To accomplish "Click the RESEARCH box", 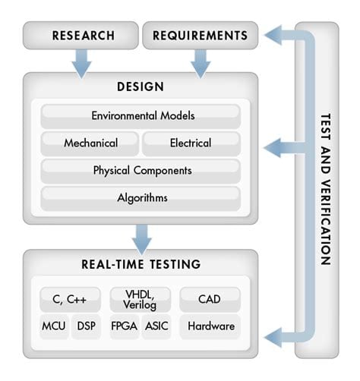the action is pyautogui.click(x=81, y=35).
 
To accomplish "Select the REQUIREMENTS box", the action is pyautogui.click(x=201, y=35).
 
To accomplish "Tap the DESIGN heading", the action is pyautogui.click(x=141, y=87).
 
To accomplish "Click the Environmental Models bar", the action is pyautogui.click(x=141, y=116).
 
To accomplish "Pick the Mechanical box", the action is pyautogui.click(x=90, y=143).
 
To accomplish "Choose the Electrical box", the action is pyautogui.click(x=191, y=143).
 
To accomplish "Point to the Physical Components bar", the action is pyautogui.click(x=141, y=171).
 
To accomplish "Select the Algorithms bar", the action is pyautogui.click(x=141, y=198).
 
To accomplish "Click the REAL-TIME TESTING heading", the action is pyautogui.click(x=141, y=264).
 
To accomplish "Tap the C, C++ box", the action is pyautogui.click(x=70, y=300).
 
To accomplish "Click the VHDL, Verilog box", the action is pyautogui.click(x=140, y=300).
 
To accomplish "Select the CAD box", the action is pyautogui.click(x=210, y=300).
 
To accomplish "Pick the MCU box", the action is pyautogui.click(x=54, y=326).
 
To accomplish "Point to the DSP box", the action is pyautogui.click(x=86, y=326).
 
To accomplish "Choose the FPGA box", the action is pyautogui.click(x=125, y=326).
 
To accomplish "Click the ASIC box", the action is pyautogui.click(x=156, y=326).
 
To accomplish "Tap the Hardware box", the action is pyautogui.click(x=210, y=326).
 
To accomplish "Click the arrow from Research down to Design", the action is pyautogui.click(x=81, y=64).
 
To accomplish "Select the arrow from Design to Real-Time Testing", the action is pyautogui.click(x=142, y=240).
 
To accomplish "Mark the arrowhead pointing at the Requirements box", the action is pyautogui.click(x=273, y=35).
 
